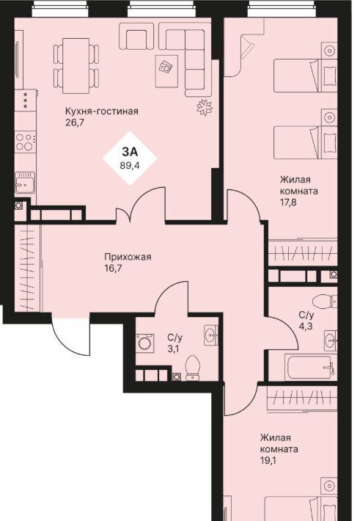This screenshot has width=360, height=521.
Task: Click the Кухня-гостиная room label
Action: coord(102,111)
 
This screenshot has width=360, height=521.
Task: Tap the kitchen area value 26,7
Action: coord(75,123)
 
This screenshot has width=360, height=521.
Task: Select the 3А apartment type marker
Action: coord(130,152)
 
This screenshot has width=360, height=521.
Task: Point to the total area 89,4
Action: coord(130,165)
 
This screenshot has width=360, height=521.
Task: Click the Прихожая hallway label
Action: coord(128,257)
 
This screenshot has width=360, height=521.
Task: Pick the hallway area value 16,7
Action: coord(113,269)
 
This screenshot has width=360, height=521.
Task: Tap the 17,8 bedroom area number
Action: coord(288,202)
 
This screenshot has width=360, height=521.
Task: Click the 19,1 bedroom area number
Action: coord(268,461)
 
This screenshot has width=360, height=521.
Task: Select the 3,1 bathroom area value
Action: coord(173,349)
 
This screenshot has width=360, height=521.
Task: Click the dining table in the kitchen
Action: coord(76,66)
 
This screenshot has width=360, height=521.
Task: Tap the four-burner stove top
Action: coord(25,142)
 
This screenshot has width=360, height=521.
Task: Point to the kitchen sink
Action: coord(25,183)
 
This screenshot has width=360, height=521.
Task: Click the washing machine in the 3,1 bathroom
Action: coord(144,343)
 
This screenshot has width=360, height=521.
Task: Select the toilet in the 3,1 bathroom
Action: coord(192,368)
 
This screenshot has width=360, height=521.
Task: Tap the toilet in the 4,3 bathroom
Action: coord(325,302)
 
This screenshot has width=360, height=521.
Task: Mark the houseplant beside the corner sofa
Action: coord(205,107)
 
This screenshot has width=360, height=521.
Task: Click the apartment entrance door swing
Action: coord(70,334)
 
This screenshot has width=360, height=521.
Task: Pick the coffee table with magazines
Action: coord(166,71)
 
